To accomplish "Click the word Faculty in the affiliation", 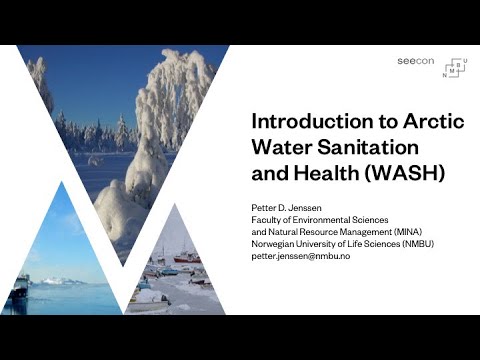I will coord(266,220).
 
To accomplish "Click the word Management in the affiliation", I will coord(352,232).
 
